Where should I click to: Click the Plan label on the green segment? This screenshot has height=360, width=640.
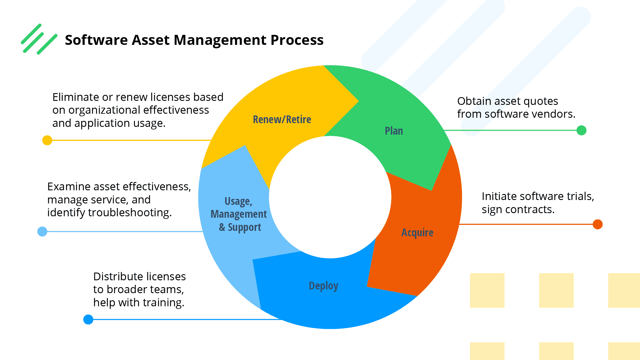pyautogui.click(x=394, y=131)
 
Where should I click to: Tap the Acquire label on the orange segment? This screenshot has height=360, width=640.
pyautogui.click(x=417, y=233)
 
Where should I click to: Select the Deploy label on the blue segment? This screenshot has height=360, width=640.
pyautogui.click(x=323, y=286)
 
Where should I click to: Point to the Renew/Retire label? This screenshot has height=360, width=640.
pyautogui.click(x=282, y=119)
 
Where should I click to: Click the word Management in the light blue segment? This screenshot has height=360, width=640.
pyautogui.click(x=239, y=214)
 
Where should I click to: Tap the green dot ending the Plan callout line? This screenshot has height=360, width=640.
pyautogui.click(x=581, y=130)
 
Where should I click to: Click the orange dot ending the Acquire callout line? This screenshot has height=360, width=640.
pyautogui.click(x=597, y=224)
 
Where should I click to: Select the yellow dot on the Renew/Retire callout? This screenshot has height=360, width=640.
pyautogui.click(x=47, y=140)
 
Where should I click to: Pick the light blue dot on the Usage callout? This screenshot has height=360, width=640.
pyautogui.click(x=42, y=231)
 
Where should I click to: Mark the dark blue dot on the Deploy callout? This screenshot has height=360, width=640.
pyautogui.click(x=88, y=319)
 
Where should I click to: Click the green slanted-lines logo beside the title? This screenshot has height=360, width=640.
pyautogui.click(x=39, y=39)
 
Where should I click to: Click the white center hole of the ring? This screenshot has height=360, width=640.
pyautogui.click(x=330, y=197)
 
